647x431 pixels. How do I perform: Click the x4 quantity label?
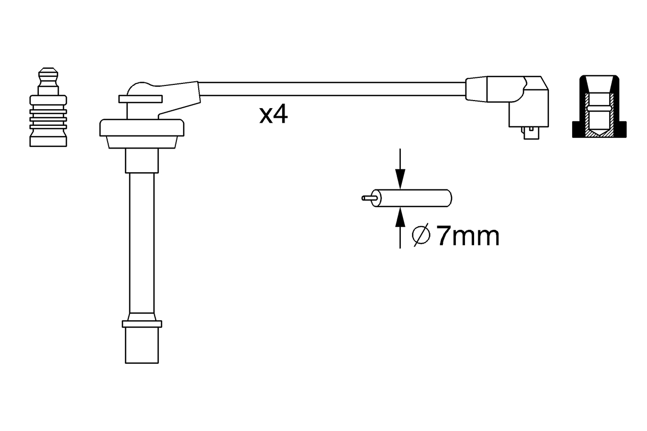(x=273, y=115)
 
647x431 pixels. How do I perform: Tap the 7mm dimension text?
(x=469, y=236)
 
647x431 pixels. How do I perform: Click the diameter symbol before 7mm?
(x=421, y=236)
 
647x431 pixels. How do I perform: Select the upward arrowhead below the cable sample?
(x=400, y=217)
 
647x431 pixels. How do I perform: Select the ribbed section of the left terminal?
(x=48, y=119)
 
